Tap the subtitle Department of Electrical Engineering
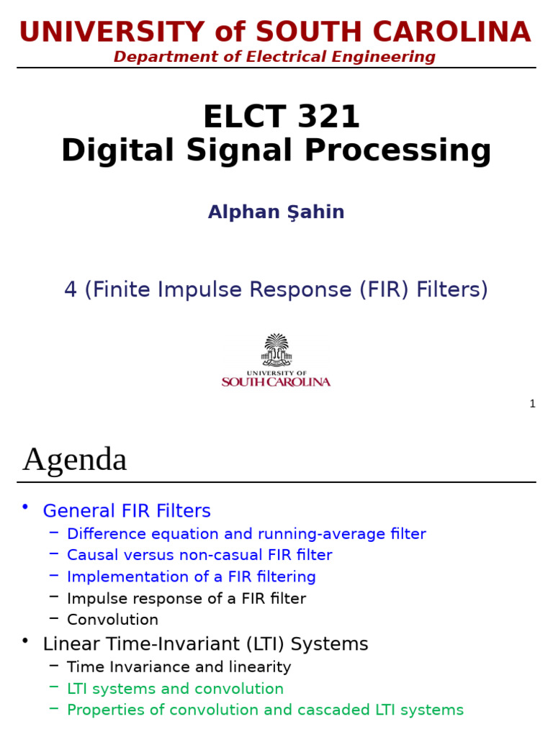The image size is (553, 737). [x=274, y=57]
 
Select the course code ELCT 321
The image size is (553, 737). [x=281, y=117]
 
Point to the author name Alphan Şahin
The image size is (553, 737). [x=276, y=212]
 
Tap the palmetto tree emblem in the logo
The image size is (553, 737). [x=276, y=350]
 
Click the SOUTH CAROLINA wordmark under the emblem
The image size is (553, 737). [x=276, y=382]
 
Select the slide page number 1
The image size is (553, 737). [x=532, y=404]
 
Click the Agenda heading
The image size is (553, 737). [x=75, y=459]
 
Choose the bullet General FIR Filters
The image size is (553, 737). [x=127, y=511]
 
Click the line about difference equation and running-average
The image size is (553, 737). [x=246, y=534]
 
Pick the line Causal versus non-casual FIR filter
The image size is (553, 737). [x=199, y=555]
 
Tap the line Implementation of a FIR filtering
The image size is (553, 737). [x=191, y=577]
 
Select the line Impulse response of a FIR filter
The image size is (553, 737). [x=186, y=598]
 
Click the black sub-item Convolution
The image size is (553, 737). [x=112, y=620]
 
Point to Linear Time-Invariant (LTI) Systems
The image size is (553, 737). [x=205, y=643]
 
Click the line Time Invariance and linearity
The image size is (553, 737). [x=179, y=667]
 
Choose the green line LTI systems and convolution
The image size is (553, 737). [x=175, y=689]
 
